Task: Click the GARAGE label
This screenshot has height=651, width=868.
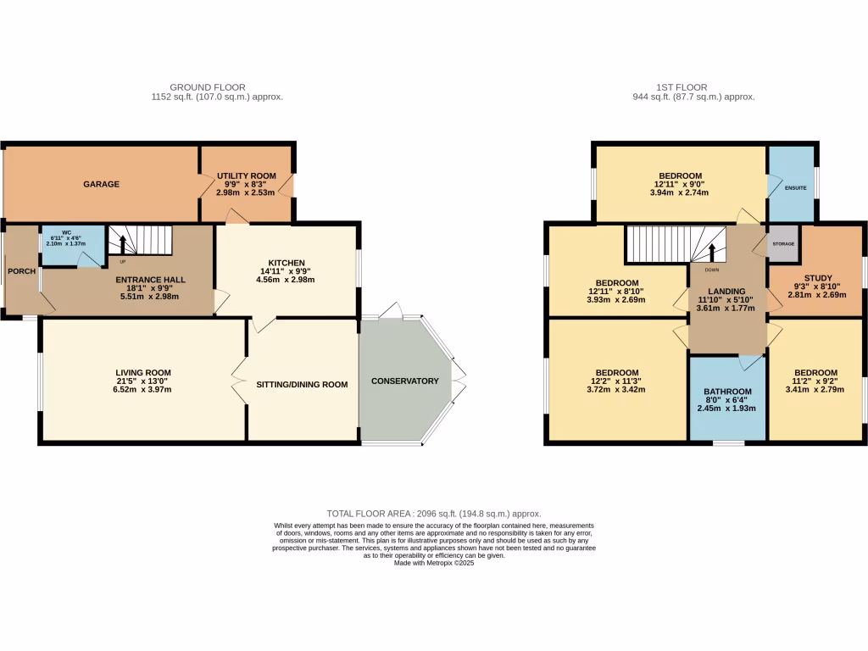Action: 101,184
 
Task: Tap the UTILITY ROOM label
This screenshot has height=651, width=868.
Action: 246,175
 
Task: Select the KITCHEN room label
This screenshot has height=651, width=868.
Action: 287,263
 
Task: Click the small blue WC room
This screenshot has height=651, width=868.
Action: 72,245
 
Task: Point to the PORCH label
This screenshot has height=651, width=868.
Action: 20,271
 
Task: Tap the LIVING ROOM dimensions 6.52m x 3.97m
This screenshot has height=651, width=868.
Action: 144,389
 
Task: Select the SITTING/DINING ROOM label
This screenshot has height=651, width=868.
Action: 302,384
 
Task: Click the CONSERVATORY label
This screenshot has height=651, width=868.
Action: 405,381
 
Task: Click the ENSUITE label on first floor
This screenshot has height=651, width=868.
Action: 795,187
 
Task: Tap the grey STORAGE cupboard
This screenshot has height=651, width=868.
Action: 782,244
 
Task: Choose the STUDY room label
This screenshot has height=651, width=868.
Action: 818,278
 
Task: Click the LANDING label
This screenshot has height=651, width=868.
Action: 726,292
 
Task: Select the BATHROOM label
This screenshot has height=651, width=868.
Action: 726,391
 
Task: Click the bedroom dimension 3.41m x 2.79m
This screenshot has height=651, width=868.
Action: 815,390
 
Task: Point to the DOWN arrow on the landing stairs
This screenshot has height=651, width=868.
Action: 712,253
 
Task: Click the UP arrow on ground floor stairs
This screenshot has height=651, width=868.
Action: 122,245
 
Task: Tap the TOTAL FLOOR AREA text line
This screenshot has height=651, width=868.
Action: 433,514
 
